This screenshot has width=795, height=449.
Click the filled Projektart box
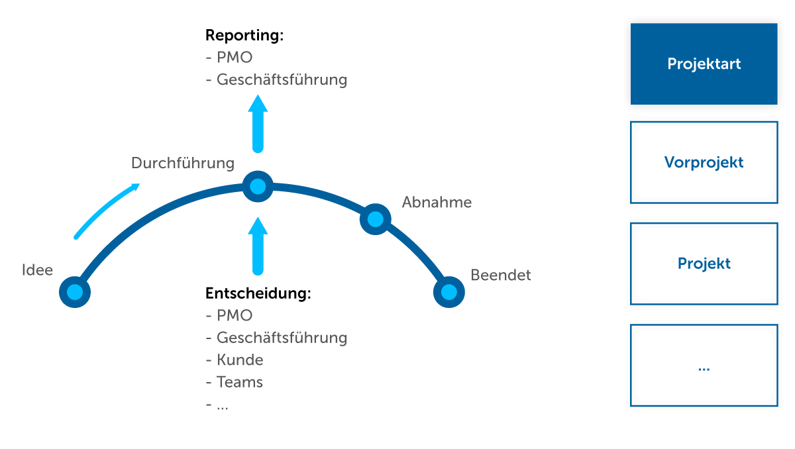704,64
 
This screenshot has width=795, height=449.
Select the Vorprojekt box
704,162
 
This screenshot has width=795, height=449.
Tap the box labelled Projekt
704,264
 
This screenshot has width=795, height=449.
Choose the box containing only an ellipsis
704,366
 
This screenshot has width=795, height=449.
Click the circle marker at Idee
75,292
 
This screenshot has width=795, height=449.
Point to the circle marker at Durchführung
257,186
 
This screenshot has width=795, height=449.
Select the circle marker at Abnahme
375,219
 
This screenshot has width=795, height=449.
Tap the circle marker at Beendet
449,292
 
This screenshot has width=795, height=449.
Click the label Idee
37,270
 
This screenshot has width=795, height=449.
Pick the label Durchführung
183,163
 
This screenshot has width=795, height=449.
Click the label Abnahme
437,203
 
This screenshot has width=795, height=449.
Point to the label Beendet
501,275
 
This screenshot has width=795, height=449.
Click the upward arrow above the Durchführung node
258,123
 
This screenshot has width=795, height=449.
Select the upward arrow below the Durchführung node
258,245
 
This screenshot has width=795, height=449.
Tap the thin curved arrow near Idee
106,211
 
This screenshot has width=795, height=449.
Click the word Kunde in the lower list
240,360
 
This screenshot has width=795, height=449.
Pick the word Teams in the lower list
240,382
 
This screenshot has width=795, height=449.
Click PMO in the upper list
235,58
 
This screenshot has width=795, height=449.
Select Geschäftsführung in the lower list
282,338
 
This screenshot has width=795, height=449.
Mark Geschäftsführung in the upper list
282,80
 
